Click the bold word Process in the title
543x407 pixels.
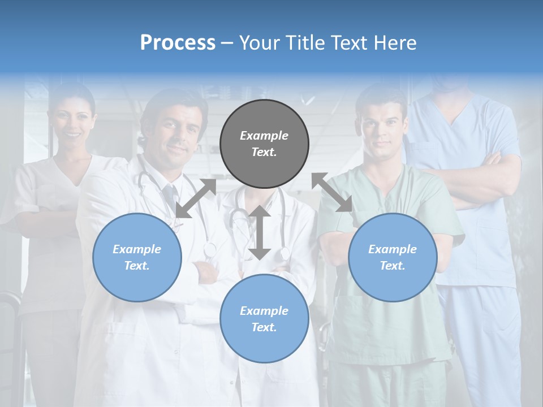178,43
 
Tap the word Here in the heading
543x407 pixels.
395,43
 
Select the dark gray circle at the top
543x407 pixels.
264,144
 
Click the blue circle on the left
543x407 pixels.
137,257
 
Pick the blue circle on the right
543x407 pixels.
393,257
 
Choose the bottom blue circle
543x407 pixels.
264,319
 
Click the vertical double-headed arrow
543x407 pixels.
260,232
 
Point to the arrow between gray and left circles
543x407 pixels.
196,198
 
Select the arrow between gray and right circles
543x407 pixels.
332,192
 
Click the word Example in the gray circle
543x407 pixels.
264,136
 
